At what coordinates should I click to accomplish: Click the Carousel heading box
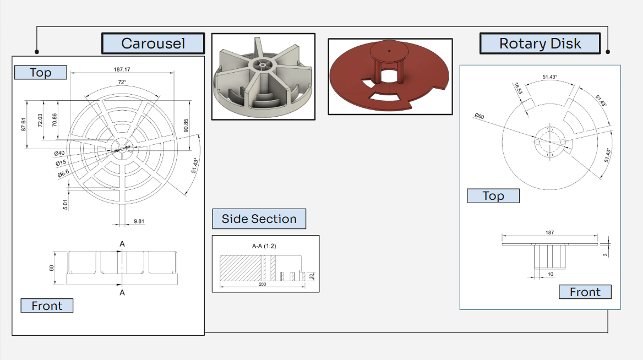(153, 43)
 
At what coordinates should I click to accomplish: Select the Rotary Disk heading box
(540, 43)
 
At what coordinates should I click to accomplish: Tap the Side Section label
(259, 219)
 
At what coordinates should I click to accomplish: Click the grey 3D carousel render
(263, 77)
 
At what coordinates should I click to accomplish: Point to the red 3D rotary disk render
(390, 77)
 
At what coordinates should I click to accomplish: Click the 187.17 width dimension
(122, 69)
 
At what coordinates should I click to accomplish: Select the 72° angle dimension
(122, 81)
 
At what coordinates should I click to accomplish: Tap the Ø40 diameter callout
(59, 153)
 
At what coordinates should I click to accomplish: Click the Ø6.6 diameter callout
(63, 174)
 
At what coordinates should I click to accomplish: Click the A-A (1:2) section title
(264, 246)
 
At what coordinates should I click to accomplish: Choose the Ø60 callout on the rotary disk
(478, 116)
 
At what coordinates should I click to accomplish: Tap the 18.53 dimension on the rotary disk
(517, 88)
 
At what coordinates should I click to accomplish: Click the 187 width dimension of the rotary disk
(549, 233)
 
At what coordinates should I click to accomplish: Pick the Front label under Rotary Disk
(585, 292)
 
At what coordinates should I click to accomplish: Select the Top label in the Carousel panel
(40, 72)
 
